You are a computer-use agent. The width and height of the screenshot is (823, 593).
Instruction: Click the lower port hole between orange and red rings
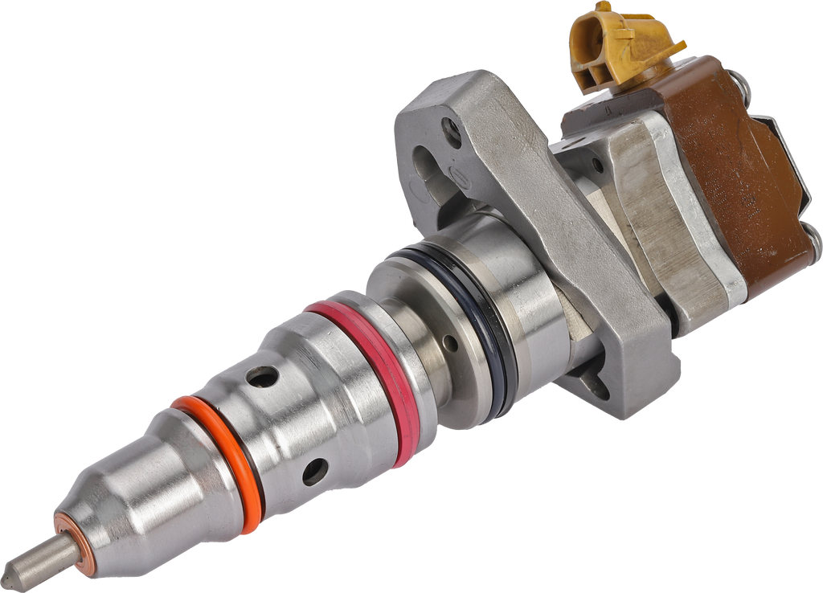(x=313, y=472)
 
